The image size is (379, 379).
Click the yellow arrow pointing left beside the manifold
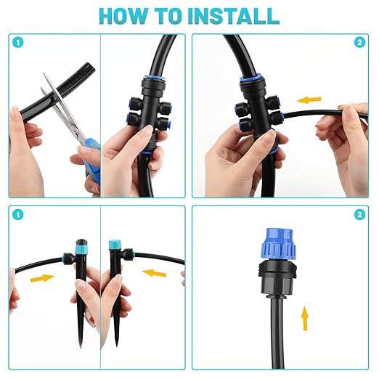tap(311, 99)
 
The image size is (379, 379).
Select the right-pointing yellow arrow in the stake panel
tap(42, 277)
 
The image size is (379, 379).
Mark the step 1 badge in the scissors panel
tap(17, 42)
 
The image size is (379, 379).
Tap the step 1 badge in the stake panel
tap(17, 215)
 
